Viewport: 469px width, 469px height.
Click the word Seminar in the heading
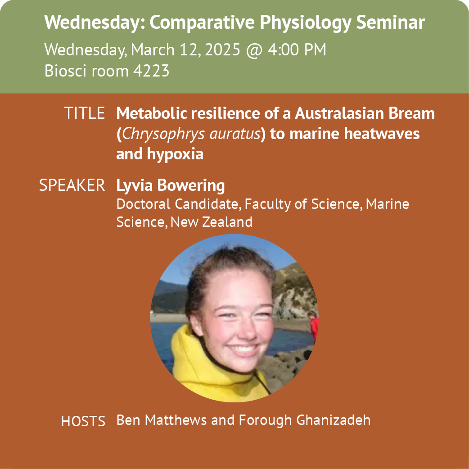pyautogui.click(x=390, y=22)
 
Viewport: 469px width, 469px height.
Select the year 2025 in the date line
pyautogui.click(x=222, y=50)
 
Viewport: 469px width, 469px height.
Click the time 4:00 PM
pyautogui.click(x=297, y=50)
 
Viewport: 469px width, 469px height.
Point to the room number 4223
pyautogui.click(x=151, y=71)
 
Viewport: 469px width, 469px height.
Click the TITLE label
pyautogui.click(x=84, y=113)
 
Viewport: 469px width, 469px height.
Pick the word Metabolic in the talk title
pyautogui.click(x=151, y=113)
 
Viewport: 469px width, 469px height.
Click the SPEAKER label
pyautogui.click(x=72, y=185)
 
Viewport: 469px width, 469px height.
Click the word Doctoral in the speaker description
pyautogui.click(x=143, y=204)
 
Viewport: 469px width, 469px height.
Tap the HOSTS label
pyautogui.click(x=83, y=421)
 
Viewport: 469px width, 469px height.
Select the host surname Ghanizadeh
pyautogui.click(x=333, y=420)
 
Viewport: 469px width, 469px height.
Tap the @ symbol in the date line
pyautogui.click(x=254, y=50)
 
